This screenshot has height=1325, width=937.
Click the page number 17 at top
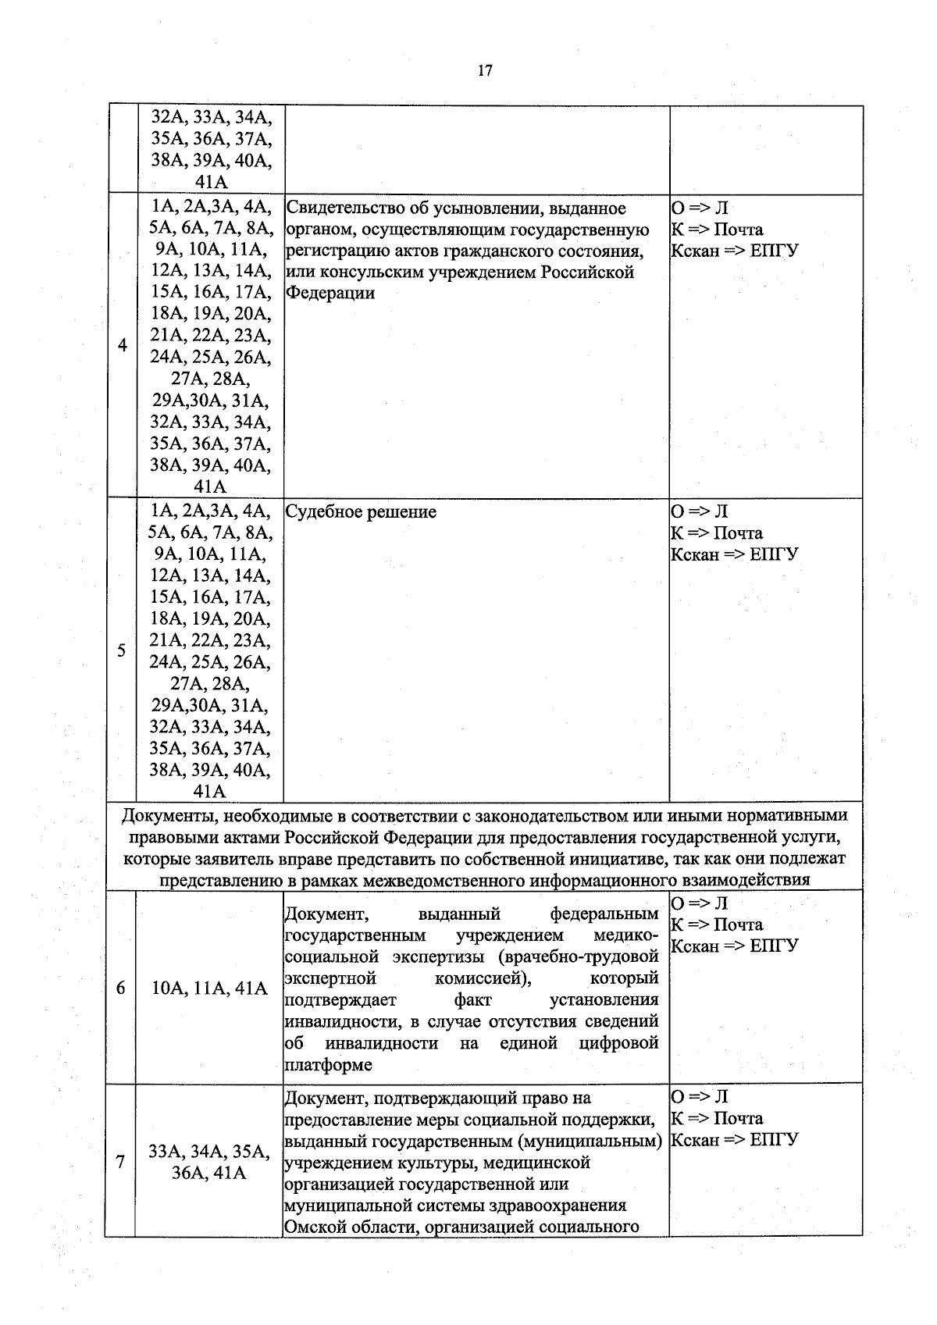coord(484,71)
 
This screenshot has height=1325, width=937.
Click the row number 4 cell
coord(122,345)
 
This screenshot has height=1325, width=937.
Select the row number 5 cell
coord(122,650)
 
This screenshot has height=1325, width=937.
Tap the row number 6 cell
coord(120,988)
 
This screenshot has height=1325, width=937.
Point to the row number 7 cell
coord(120,1162)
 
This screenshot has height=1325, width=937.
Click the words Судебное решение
coord(361,512)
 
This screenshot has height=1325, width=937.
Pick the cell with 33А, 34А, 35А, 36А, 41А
coord(209,1162)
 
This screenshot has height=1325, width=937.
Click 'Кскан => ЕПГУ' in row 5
coord(735,555)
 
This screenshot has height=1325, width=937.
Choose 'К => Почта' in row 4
coord(717,230)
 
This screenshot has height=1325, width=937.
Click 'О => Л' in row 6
coord(699,903)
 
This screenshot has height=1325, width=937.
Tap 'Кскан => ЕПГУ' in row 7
coord(735,1140)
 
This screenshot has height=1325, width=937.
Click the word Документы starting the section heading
coord(168,816)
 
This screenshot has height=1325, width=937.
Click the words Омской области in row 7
coord(344,1227)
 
